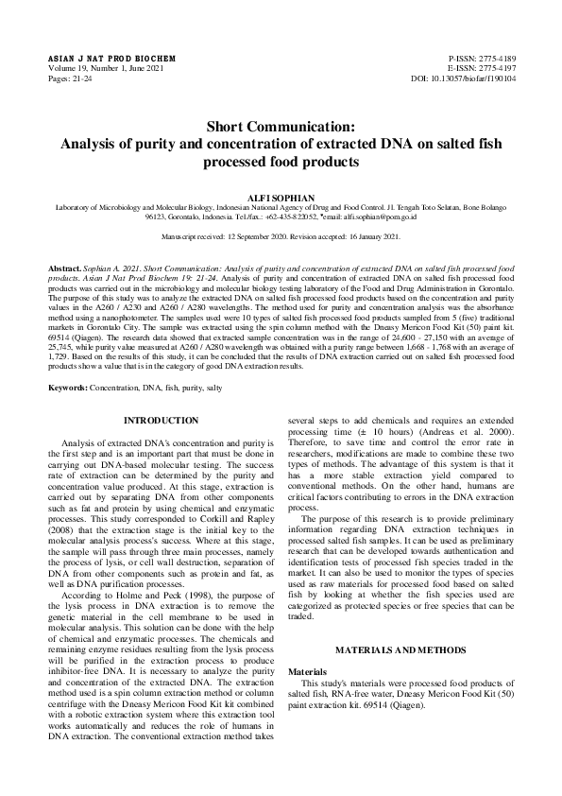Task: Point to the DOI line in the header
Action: point(466,79)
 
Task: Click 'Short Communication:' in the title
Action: point(281,127)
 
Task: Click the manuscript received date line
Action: point(281,235)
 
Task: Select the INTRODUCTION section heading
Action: point(162,420)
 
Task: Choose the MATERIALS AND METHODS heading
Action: point(400,650)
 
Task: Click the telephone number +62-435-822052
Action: point(269,216)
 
